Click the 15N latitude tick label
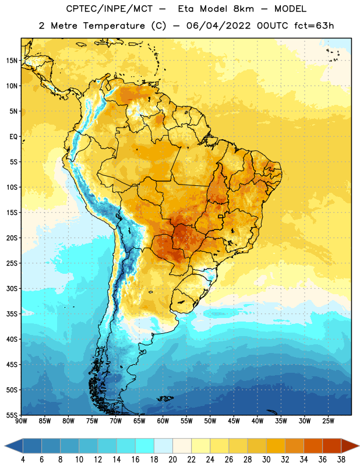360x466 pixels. pos(12,61)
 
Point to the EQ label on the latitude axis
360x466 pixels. pos(13,137)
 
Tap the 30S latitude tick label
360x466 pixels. pos(12,288)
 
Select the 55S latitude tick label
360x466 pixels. pos(12,415)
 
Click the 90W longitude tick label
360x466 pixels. pos(21,421)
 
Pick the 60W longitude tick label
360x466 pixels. pos(163,421)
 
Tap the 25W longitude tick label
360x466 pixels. pos(328,421)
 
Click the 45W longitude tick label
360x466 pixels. pos(234,421)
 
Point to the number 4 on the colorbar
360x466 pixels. pos(23,460)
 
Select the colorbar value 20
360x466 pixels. pos(172,460)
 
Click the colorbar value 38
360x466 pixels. pos(341,460)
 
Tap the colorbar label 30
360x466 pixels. pos(266,460)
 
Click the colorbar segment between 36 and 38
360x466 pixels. pos(332,446)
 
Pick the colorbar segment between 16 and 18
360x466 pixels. pos(145,446)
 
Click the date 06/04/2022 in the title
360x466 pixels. pos(218,26)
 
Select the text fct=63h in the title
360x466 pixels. pos(314,26)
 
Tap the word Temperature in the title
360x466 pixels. pos(114,26)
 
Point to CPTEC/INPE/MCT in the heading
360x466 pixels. pos(110,9)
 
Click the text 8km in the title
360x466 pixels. pos(243,9)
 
